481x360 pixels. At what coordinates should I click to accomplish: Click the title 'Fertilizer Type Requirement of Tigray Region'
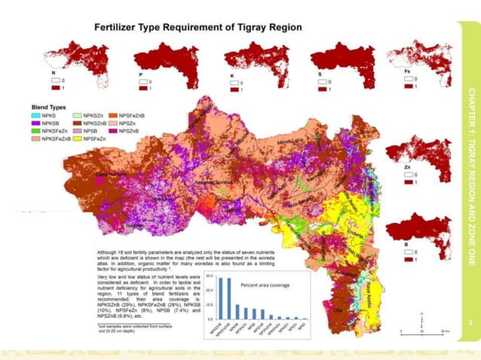[198, 27]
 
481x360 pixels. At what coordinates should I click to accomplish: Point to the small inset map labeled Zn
[413, 154]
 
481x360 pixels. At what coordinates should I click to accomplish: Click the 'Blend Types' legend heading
[49, 108]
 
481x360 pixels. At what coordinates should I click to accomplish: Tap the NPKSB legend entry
[50, 123]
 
